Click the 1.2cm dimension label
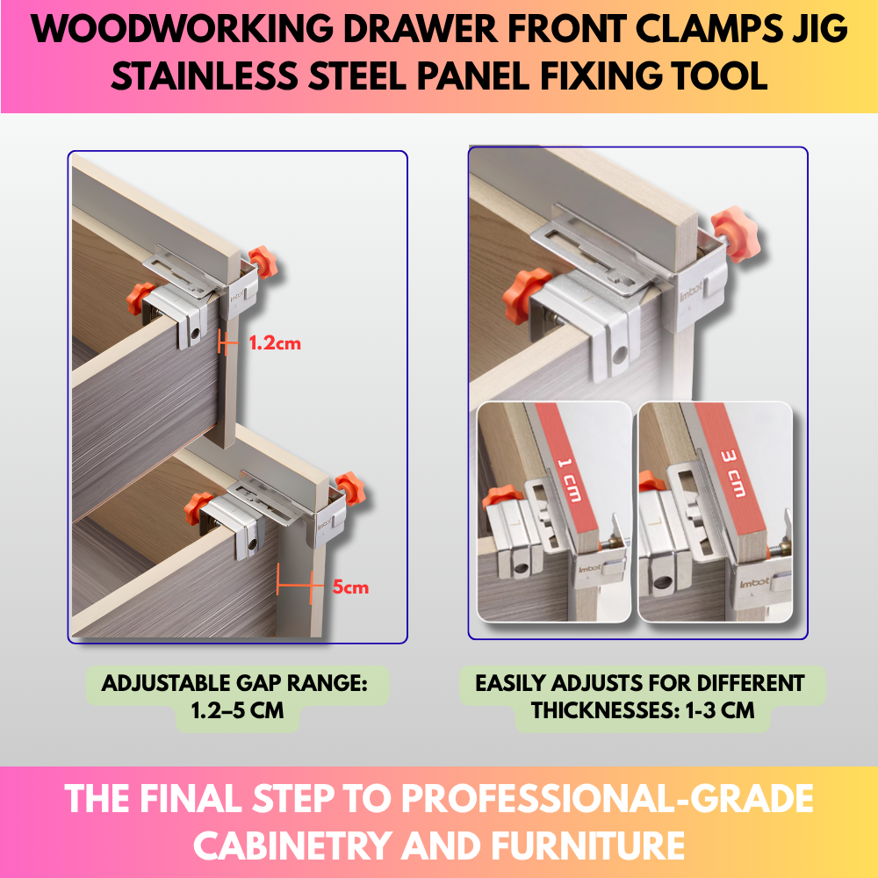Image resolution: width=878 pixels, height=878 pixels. click(x=275, y=343)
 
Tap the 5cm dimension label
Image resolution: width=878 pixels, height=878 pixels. click(x=350, y=587)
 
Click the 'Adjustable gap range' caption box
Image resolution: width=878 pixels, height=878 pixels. click(x=237, y=695)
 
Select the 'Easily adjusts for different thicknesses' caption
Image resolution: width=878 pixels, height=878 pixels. click(x=641, y=695)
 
